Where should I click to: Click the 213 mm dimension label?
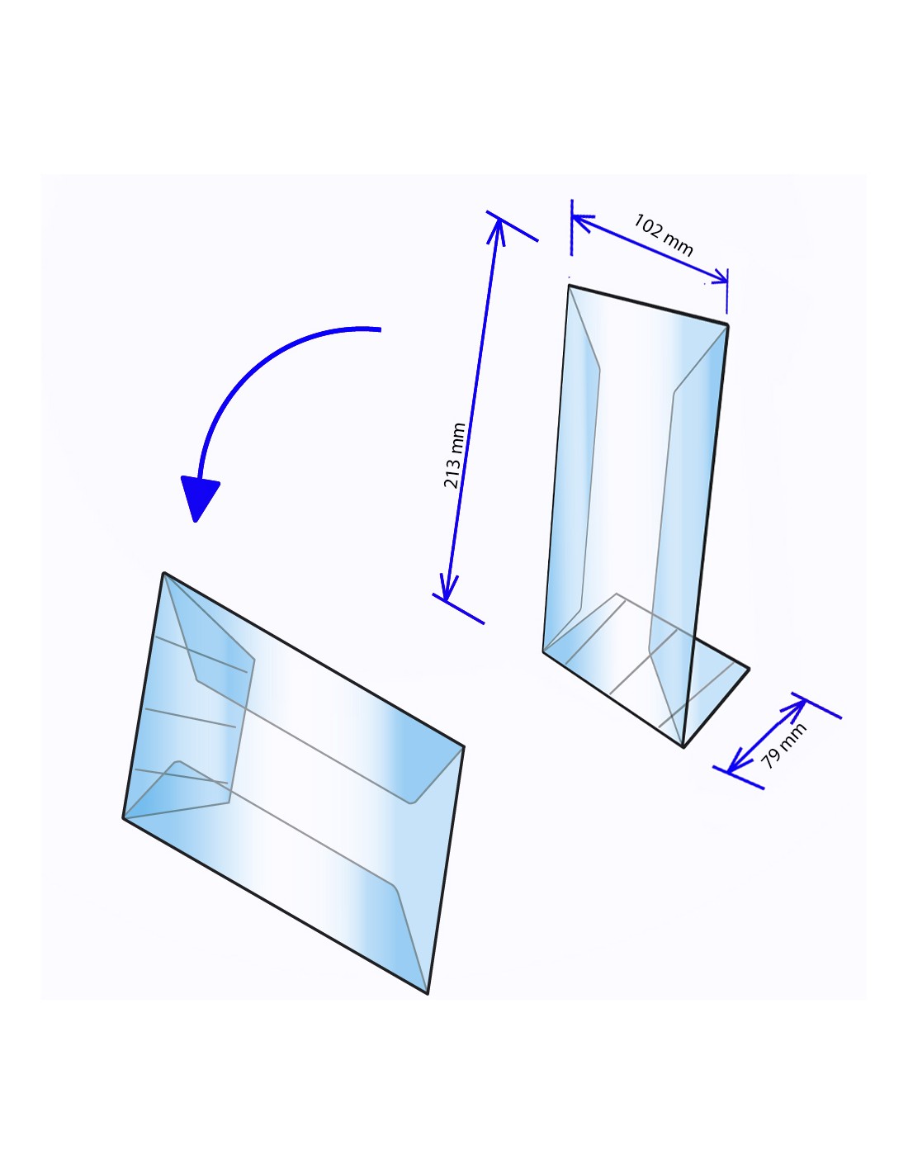pyautogui.click(x=454, y=456)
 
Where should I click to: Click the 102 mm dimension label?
pyautogui.click(x=663, y=234)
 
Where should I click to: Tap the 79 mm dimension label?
pyautogui.click(x=783, y=746)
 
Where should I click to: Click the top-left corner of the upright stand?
pyautogui.click(x=569, y=286)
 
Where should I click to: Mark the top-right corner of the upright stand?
pyautogui.click(x=727, y=324)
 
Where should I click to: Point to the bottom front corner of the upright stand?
pyautogui.click(x=683, y=748)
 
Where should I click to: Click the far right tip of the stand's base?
pyautogui.click(x=750, y=669)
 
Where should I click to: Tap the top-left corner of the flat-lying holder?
pyautogui.click(x=163, y=573)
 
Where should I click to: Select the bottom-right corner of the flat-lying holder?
pyautogui.click(x=428, y=993)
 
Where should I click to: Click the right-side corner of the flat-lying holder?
pyautogui.click(x=463, y=747)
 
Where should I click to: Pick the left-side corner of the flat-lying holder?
pyautogui.click(x=124, y=818)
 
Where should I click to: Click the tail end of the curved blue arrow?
pyautogui.click(x=381, y=329)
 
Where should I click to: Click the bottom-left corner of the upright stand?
pyautogui.click(x=543, y=652)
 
